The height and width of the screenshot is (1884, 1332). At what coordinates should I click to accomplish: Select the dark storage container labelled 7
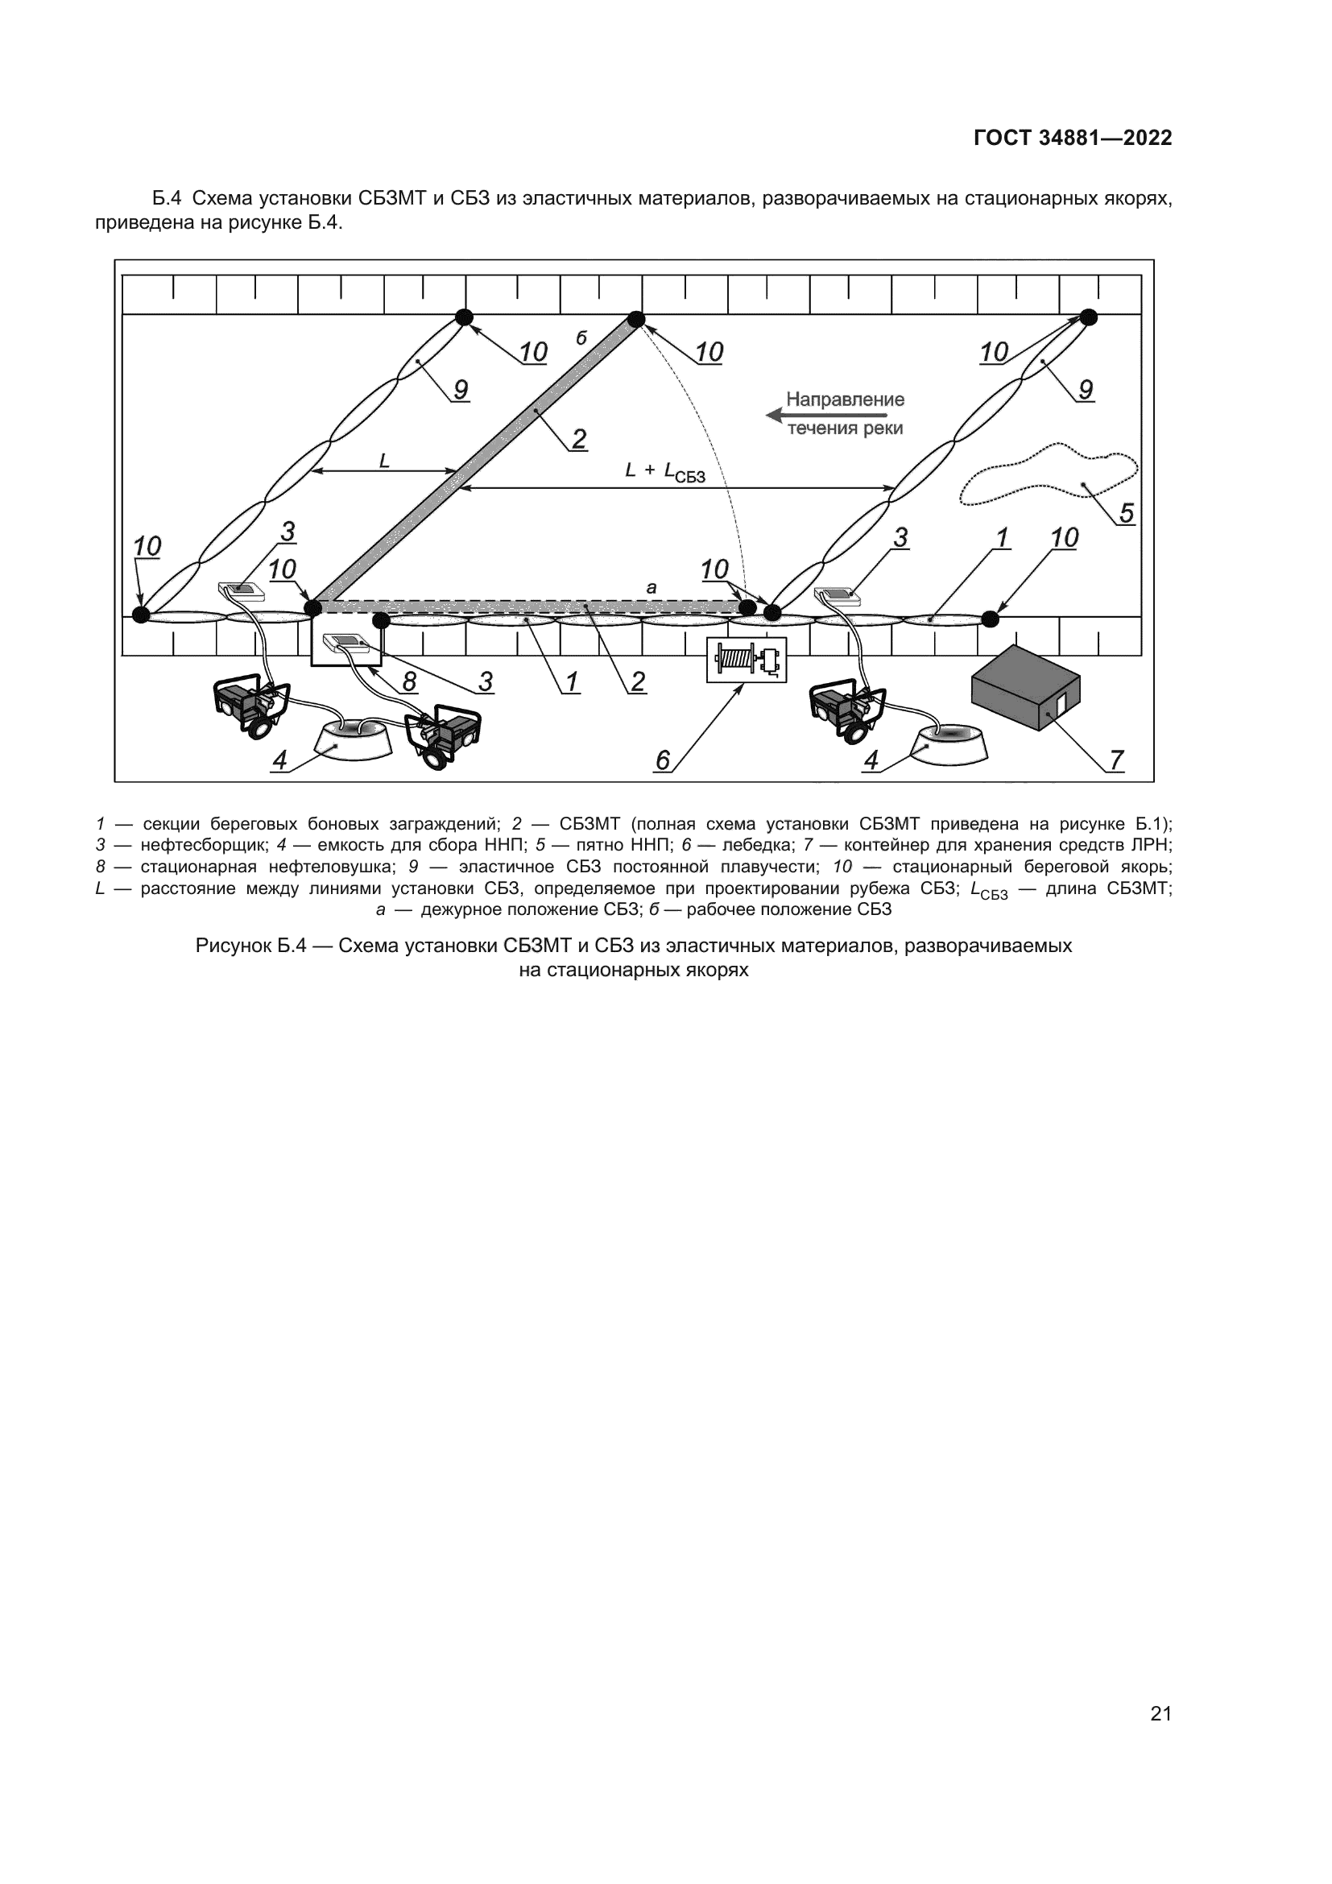tap(1025, 687)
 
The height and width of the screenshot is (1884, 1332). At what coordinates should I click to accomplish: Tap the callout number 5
tap(1126, 513)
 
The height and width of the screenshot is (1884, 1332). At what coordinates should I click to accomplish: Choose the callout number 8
tap(408, 681)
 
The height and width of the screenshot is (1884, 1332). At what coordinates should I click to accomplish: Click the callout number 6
tap(663, 760)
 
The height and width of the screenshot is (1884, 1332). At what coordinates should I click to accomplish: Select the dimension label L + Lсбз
tap(664, 472)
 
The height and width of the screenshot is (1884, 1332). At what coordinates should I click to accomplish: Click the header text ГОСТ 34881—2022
tap(1073, 138)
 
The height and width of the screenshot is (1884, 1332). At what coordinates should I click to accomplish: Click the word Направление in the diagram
tap(845, 400)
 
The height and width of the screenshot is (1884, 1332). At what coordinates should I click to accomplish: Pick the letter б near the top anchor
tap(581, 338)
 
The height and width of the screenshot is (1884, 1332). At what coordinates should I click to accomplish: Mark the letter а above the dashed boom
tap(652, 587)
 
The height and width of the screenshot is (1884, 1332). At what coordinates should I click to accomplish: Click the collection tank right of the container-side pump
tap(950, 739)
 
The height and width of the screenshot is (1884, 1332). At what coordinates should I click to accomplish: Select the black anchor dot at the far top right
tap(1087, 317)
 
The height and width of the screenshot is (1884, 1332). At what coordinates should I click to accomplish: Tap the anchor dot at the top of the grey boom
tap(635, 319)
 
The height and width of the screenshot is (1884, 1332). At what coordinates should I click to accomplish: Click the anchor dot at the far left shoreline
tap(141, 614)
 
